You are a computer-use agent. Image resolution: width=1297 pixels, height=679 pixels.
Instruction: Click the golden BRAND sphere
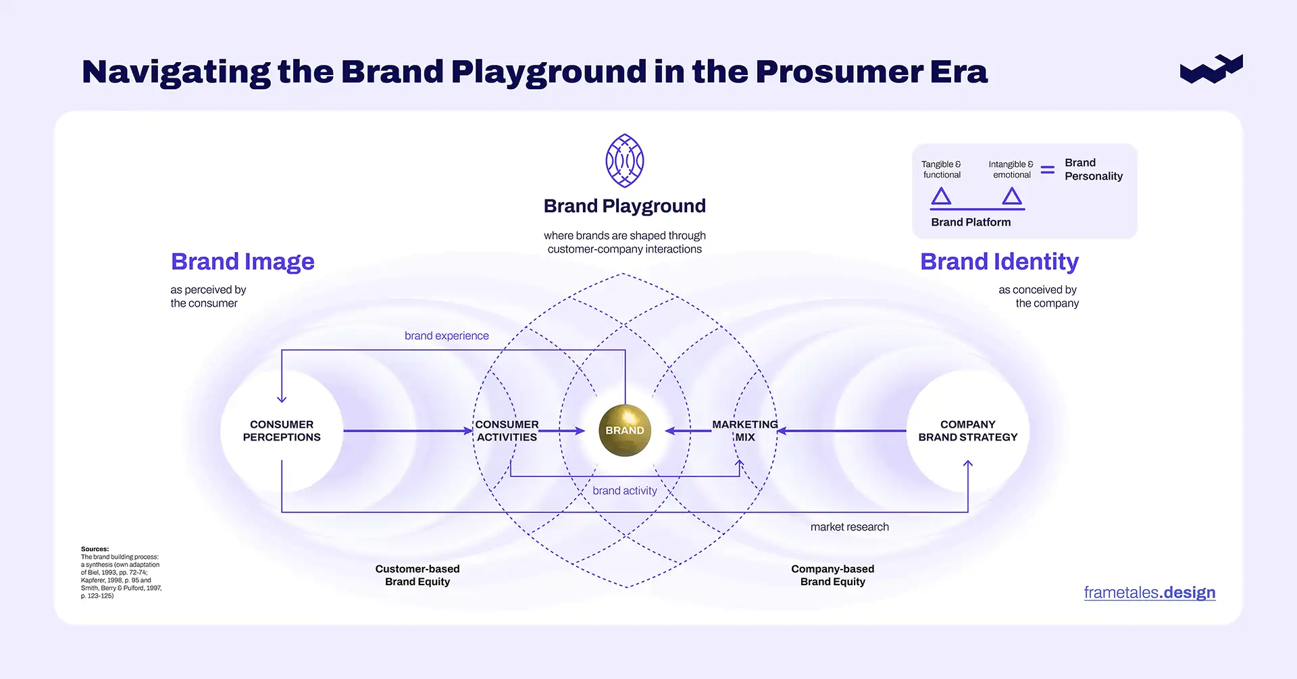(x=624, y=430)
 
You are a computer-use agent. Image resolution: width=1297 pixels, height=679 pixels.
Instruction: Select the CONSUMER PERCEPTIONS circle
(x=282, y=431)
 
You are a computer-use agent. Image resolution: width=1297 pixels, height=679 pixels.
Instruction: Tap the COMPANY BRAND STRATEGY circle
(x=967, y=431)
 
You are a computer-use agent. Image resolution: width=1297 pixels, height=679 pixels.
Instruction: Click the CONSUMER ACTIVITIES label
(x=507, y=431)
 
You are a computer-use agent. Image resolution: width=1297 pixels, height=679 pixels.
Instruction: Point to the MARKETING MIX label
(x=744, y=431)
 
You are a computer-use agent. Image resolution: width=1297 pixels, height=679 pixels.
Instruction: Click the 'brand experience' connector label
(x=447, y=336)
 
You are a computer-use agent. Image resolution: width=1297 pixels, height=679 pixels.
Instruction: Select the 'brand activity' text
(x=624, y=491)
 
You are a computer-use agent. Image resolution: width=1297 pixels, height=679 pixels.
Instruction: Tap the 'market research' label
(x=849, y=527)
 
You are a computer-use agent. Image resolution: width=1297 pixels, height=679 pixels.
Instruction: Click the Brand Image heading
(x=243, y=261)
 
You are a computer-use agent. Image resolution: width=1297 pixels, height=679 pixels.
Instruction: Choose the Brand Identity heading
(x=999, y=261)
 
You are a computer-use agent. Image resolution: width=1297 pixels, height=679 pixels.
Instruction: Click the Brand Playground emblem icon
(x=624, y=161)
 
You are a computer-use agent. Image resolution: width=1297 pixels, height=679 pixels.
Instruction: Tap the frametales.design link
(x=1149, y=593)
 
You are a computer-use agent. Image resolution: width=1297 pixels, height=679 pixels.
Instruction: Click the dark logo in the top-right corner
(x=1211, y=69)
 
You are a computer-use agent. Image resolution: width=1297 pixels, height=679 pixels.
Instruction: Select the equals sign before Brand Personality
(x=1047, y=170)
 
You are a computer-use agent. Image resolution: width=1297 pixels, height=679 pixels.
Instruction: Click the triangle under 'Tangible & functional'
(x=941, y=197)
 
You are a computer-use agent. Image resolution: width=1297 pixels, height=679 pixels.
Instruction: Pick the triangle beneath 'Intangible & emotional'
(x=1011, y=197)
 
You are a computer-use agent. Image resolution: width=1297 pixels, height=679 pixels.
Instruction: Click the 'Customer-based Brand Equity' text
(x=417, y=575)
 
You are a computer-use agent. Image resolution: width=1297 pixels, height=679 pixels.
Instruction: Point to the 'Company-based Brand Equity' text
(x=832, y=575)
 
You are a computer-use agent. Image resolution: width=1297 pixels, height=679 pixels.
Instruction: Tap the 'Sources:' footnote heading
(x=95, y=549)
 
